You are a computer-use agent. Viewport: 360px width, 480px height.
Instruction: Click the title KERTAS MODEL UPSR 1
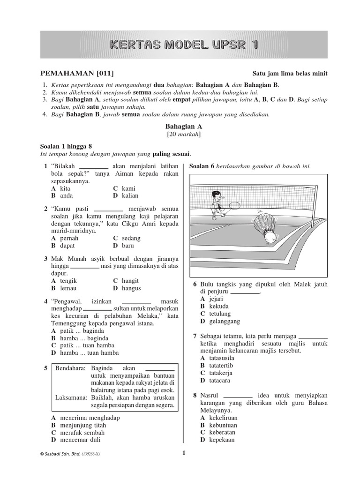coord(183,45)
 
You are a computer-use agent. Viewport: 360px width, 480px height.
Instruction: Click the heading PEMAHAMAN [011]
coord(77,74)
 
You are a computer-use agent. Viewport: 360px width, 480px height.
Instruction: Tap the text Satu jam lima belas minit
coord(290,74)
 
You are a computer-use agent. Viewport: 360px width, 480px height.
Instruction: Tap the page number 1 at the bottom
coord(184,453)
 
